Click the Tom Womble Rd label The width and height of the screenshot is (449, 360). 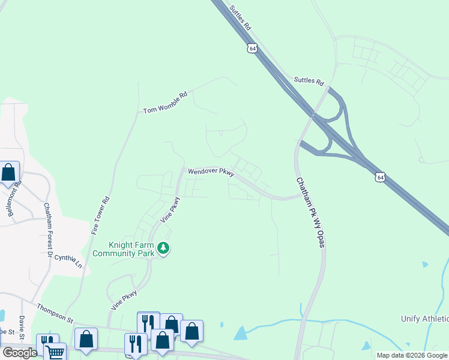click(165, 103)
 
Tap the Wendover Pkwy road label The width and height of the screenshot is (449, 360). click(210, 172)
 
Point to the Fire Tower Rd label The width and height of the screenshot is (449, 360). click(100, 215)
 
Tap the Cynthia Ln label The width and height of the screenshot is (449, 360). click(68, 259)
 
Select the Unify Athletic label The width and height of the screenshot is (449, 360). click(424, 319)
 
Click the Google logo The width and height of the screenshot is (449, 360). click(20, 352)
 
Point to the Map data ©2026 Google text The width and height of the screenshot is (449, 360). click(411, 355)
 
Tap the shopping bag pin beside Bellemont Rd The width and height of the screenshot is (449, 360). click(8, 173)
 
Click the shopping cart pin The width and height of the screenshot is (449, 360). click(55, 352)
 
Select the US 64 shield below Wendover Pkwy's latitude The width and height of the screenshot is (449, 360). click(379, 176)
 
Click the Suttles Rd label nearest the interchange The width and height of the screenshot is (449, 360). click(309, 81)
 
